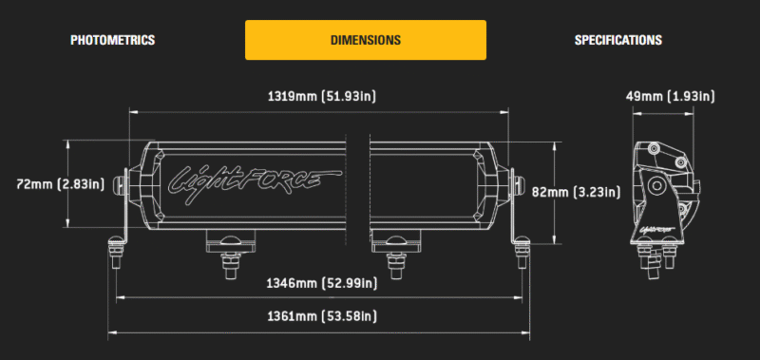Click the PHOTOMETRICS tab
click(112, 40)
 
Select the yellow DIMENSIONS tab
click(366, 40)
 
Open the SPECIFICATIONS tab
click(618, 40)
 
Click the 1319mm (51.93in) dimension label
click(322, 97)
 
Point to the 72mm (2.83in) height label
click(60, 184)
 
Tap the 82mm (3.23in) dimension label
click(576, 193)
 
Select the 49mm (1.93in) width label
click(670, 97)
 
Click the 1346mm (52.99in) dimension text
click(322, 283)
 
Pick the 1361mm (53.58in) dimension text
click(322, 317)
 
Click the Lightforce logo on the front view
click(254, 182)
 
